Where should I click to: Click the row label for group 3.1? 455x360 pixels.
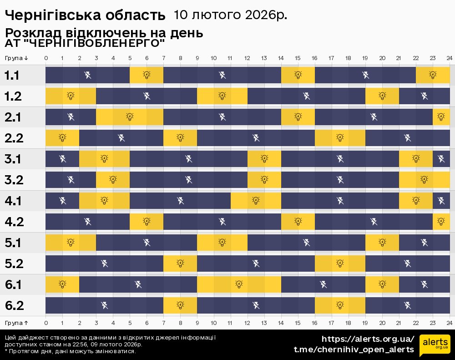pos(13,159)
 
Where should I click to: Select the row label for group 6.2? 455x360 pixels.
pos(14,305)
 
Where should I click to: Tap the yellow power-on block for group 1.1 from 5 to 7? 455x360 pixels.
pos(147,75)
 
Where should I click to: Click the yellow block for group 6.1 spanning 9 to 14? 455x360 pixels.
pos(239,284)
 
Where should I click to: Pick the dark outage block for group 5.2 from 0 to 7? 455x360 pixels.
pos(104,264)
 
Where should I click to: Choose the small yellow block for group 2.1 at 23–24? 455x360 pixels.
pos(441,117)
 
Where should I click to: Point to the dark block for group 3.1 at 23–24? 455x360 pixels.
pos(441,159)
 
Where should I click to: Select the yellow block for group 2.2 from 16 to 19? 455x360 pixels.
pos(340,138)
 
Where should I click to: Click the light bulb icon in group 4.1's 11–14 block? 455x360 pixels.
pos(256,200)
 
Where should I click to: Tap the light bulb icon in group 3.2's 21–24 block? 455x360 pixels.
pos(424,179)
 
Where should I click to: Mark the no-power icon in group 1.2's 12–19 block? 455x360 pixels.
pos(307,96)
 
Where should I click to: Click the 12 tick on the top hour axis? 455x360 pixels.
pos(248,58)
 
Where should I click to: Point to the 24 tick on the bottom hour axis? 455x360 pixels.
pos(449,323)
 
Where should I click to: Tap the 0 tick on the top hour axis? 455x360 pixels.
pos(46,58)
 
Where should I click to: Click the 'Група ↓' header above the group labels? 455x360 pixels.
pos(16,58)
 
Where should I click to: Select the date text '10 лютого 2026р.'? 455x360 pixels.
pos(230,15)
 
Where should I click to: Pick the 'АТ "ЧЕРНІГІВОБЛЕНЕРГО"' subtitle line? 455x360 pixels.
pos(85,44)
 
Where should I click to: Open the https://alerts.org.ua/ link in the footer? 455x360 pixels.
pos(368,339)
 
